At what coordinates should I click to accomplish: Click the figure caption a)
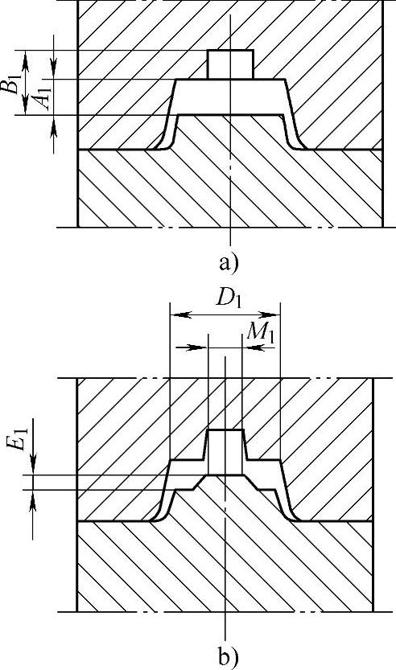click(228, 263)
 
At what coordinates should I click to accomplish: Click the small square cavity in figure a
click(230, 64)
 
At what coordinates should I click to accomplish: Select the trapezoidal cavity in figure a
click(230, 97)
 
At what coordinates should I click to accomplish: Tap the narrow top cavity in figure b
click(226, 452)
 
